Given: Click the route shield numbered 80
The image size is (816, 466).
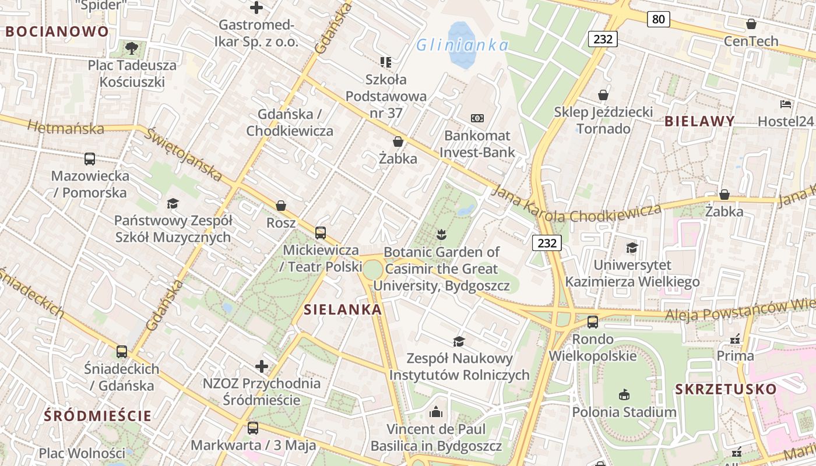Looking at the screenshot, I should click(x=658, y=19).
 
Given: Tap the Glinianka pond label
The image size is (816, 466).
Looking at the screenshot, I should click(x=460, y=45).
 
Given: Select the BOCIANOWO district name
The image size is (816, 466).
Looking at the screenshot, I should click(x=58, y=31).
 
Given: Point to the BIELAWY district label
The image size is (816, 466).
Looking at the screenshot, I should click(x=699, y=121).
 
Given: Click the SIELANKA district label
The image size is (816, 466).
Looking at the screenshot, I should click(x=343, y=309).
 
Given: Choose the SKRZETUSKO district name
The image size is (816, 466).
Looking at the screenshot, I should click(x=726, y=389).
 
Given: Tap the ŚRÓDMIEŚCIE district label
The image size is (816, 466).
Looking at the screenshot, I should click(x=98, y=416).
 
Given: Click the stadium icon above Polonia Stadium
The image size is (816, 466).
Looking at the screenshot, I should click(x=624, y=395).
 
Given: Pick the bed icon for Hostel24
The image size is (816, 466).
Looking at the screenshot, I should click(x=786, y=104).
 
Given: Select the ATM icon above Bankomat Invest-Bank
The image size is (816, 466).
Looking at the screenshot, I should click(x=477, y=118).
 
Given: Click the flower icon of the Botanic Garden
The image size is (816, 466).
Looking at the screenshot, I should click(x=441, y=235).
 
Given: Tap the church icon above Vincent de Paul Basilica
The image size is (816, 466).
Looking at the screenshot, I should click(x=436, y=412).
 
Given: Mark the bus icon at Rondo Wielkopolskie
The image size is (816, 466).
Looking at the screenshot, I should click(x=593, y=322).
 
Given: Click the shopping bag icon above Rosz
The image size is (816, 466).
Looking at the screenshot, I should click(x=281, y=206).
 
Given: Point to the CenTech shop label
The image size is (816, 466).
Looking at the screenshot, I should click(x=751, y=41).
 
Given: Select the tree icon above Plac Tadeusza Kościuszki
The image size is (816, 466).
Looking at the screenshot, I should click(x=132, y=48).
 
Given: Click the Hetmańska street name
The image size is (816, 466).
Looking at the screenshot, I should click(x=65, y=127).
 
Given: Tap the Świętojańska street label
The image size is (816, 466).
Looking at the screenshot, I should click(x=184, y=154).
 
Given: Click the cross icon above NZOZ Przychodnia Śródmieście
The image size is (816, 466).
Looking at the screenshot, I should click(x=262, y=366).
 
